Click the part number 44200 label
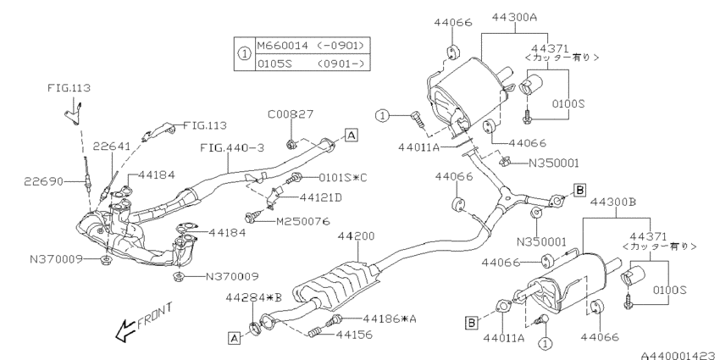tap(356, 236)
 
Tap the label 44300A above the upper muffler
tap(514, 18)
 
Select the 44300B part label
tap(613, 202)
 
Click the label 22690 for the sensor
tap(43, 181)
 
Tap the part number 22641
tap(112, 146)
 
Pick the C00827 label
tap(291, 114)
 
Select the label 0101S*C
tap(343, 177)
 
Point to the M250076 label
tap(303, 221)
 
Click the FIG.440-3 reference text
tap(232, 148)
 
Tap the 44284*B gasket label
tap(253, 298)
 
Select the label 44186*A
tap(390, 318)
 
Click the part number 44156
tap(354, 335)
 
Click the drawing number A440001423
tap(680, 356)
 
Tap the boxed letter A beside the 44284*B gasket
tap(234, 339)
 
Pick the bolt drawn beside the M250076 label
tap(253, 217)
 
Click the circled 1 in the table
tap(244, 54)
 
